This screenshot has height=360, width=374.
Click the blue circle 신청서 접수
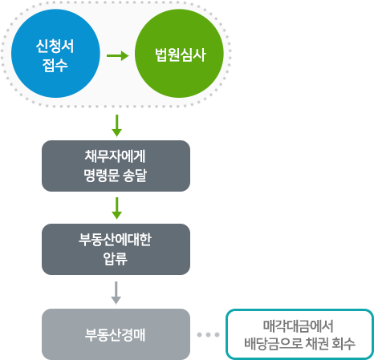[55, 54]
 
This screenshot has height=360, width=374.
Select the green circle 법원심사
[179, 54]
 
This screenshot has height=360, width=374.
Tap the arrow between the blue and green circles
[118, 56]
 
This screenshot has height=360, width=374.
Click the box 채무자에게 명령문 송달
[116, 166]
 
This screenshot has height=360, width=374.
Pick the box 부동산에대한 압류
[116, 249]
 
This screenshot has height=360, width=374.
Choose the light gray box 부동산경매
[116, 334]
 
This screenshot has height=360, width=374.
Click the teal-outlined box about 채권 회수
[299, 334]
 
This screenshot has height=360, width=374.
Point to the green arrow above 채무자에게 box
[116, 126]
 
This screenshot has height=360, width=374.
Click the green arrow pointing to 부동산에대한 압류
[116, 208]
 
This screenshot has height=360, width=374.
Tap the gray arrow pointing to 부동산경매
[116, 293]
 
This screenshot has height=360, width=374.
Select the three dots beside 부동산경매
[208, 334]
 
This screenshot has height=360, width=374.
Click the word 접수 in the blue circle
[55, 65]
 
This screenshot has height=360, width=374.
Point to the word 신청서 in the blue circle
[55, 46]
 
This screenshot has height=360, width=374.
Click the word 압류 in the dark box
[116, 259]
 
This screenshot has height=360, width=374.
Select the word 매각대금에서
[299, 326]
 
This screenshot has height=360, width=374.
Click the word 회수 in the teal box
[344, 344]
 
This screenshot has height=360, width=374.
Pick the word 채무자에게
[115, 156]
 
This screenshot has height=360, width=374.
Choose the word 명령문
[102, 176]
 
